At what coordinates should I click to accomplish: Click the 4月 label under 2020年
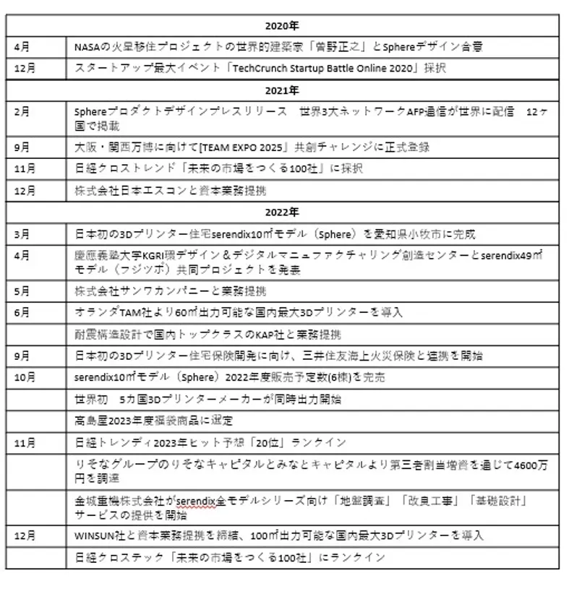coord(22,46)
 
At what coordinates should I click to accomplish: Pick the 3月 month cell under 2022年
coord(22,234)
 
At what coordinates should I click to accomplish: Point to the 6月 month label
coord(22,312)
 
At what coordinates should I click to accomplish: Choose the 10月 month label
coord(25,377)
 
